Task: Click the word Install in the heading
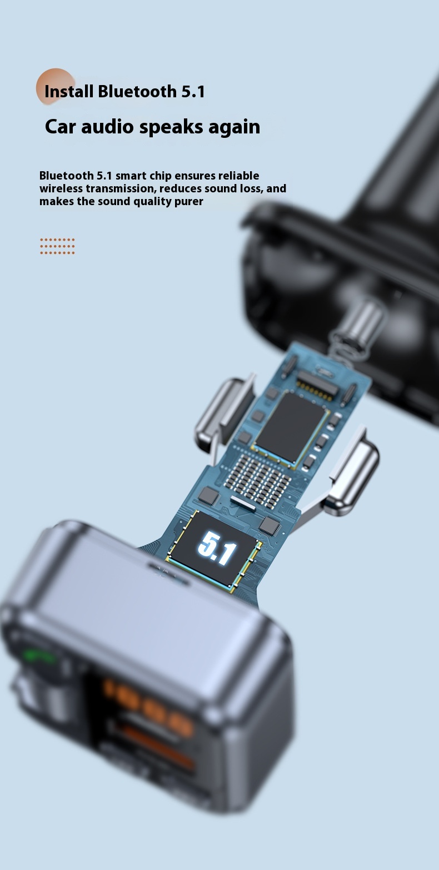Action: [69, 92]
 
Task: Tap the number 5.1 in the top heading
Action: [193, 92]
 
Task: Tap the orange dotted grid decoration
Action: [57, 246]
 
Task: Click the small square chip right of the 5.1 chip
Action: [270, 524]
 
